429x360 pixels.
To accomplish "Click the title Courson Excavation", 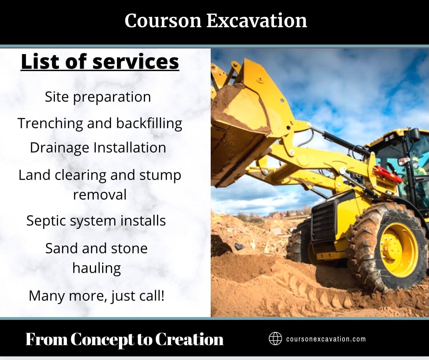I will (216, 20).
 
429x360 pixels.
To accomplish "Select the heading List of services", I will (100, 62).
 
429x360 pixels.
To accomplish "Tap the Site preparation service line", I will (98, 97).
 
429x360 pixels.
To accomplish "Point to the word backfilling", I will (149, 123).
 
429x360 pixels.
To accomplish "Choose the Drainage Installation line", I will (98, 148).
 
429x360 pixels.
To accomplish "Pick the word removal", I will (100, 195).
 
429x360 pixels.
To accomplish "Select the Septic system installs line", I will (96, 221).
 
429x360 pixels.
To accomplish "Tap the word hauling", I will (97, 268).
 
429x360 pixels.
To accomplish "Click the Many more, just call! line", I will (97, 296).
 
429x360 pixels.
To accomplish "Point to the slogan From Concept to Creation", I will (124, 340).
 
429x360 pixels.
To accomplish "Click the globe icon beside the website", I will (275, 339).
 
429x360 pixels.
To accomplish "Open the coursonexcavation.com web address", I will (326, 339).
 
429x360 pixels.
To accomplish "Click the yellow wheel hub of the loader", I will (399, 250).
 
